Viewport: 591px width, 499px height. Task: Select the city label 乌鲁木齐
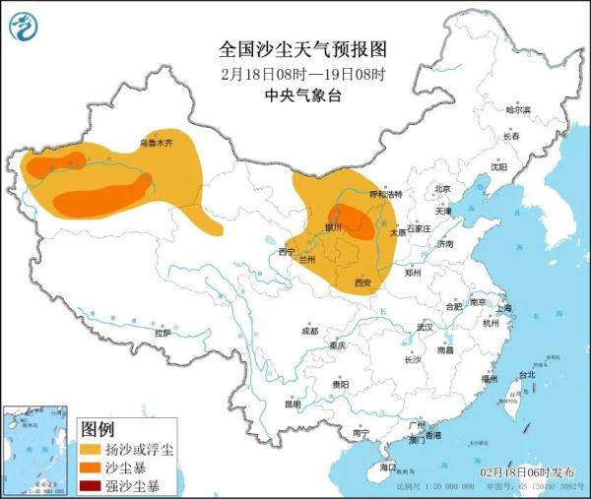coord(155,143)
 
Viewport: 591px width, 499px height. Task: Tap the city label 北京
coord(442,189)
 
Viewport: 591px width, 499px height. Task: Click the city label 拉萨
coord(163,334)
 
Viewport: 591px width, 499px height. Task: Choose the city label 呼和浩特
coord(385,194)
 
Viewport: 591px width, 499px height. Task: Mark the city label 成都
coord(309,331)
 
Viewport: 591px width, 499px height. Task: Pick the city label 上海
coord(504,308)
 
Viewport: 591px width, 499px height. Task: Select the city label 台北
coord(527,375)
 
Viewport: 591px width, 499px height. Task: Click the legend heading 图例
coord(98,429)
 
